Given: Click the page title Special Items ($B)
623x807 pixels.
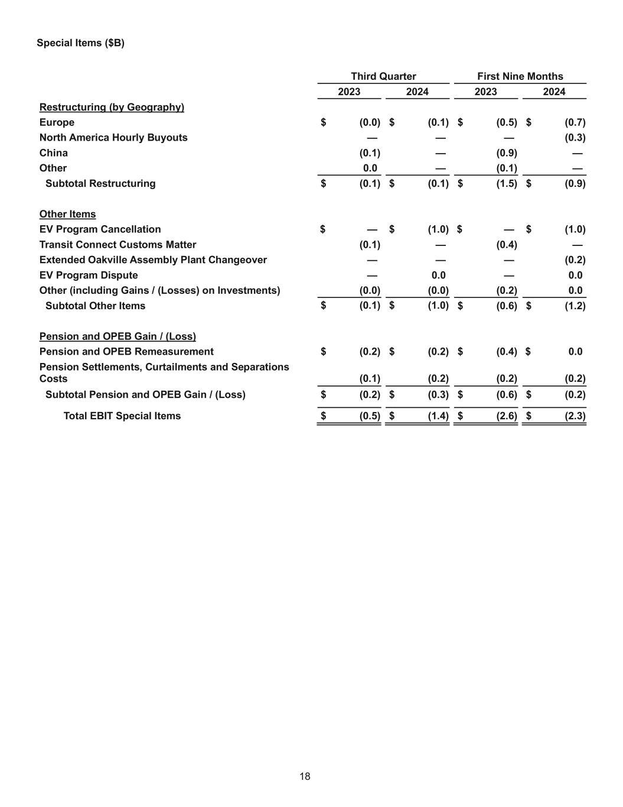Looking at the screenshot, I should [80, 43].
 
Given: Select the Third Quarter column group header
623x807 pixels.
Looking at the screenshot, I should [383, 76].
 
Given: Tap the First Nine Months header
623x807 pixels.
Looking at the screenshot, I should [520, 76].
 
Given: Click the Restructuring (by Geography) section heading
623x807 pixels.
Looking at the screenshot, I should [112, 107].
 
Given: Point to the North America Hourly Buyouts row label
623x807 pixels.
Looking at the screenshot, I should [113, 138].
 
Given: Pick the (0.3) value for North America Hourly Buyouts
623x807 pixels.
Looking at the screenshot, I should [575, 138].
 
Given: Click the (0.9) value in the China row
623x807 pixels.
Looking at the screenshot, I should [507, 153].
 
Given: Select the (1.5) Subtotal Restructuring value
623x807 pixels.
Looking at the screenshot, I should [507, 183].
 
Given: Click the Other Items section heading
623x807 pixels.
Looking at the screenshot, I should [67, 214].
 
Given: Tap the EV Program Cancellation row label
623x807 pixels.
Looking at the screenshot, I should [100, 229].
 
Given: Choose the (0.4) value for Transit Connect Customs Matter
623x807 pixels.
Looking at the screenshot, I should [507, 245].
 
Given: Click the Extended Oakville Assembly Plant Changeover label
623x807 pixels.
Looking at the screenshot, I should [153, 260].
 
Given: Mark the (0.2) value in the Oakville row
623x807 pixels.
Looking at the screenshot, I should [575, 260].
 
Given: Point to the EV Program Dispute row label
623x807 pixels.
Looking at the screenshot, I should [89, 276].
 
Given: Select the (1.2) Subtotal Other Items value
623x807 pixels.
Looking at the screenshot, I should [575, 306].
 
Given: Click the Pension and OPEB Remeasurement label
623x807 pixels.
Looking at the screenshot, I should [126, 352].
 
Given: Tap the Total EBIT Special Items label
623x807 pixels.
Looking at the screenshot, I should [122, 416].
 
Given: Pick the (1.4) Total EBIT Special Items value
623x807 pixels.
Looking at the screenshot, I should [438, 416].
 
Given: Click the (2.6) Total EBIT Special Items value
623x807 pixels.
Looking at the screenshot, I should [507, 416].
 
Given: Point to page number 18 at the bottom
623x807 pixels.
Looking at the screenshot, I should [305, 777].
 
